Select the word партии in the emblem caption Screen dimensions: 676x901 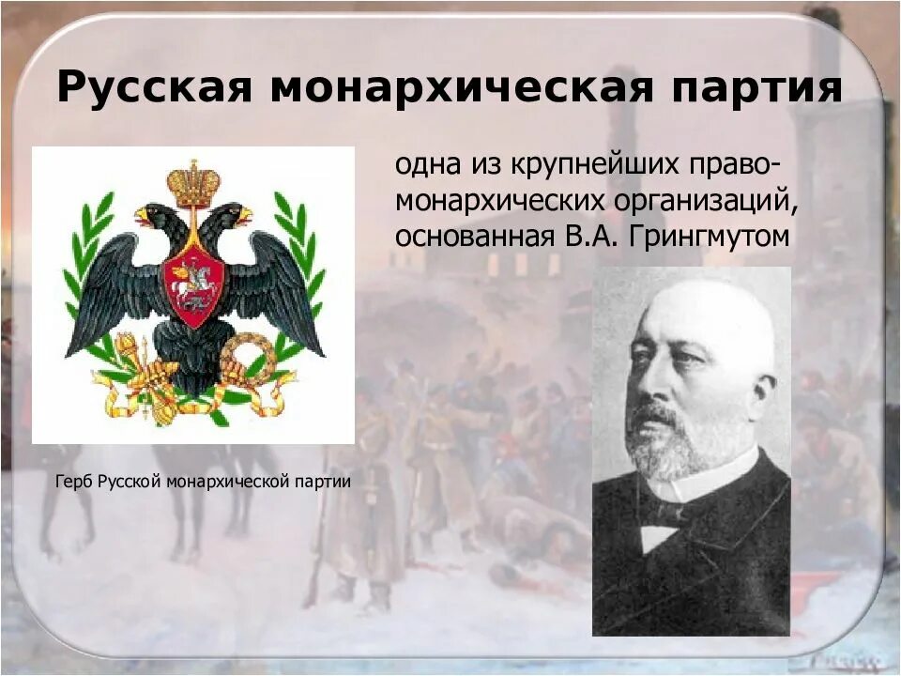[x=323, y=483]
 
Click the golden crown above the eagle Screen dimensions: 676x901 [x=193, y=182]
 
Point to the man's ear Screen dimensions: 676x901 [x=764, y=394]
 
